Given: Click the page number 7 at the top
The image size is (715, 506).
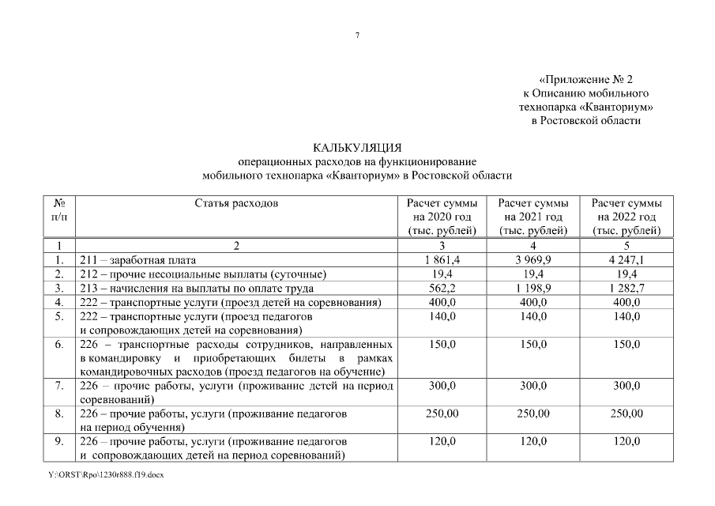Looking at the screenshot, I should click(357, 36).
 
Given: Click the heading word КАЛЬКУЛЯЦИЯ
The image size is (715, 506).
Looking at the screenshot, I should click(357, 147).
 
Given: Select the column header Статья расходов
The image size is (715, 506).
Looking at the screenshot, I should click(236, 203).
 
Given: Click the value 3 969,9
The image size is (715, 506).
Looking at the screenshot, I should click(533, 259).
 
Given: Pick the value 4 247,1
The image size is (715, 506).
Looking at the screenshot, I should click(627, 259).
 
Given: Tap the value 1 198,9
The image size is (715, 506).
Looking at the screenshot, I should click(533, 288).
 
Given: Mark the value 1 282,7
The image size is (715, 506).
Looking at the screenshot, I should click(627, 288).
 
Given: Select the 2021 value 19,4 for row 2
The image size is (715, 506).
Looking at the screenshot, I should click(533, 274).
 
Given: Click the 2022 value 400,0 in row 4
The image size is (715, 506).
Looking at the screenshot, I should click(627, 302).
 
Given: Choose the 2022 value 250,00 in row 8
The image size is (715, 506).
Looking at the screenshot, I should click(627, 413).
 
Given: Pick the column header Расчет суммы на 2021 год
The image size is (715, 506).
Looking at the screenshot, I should click(533, 217).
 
